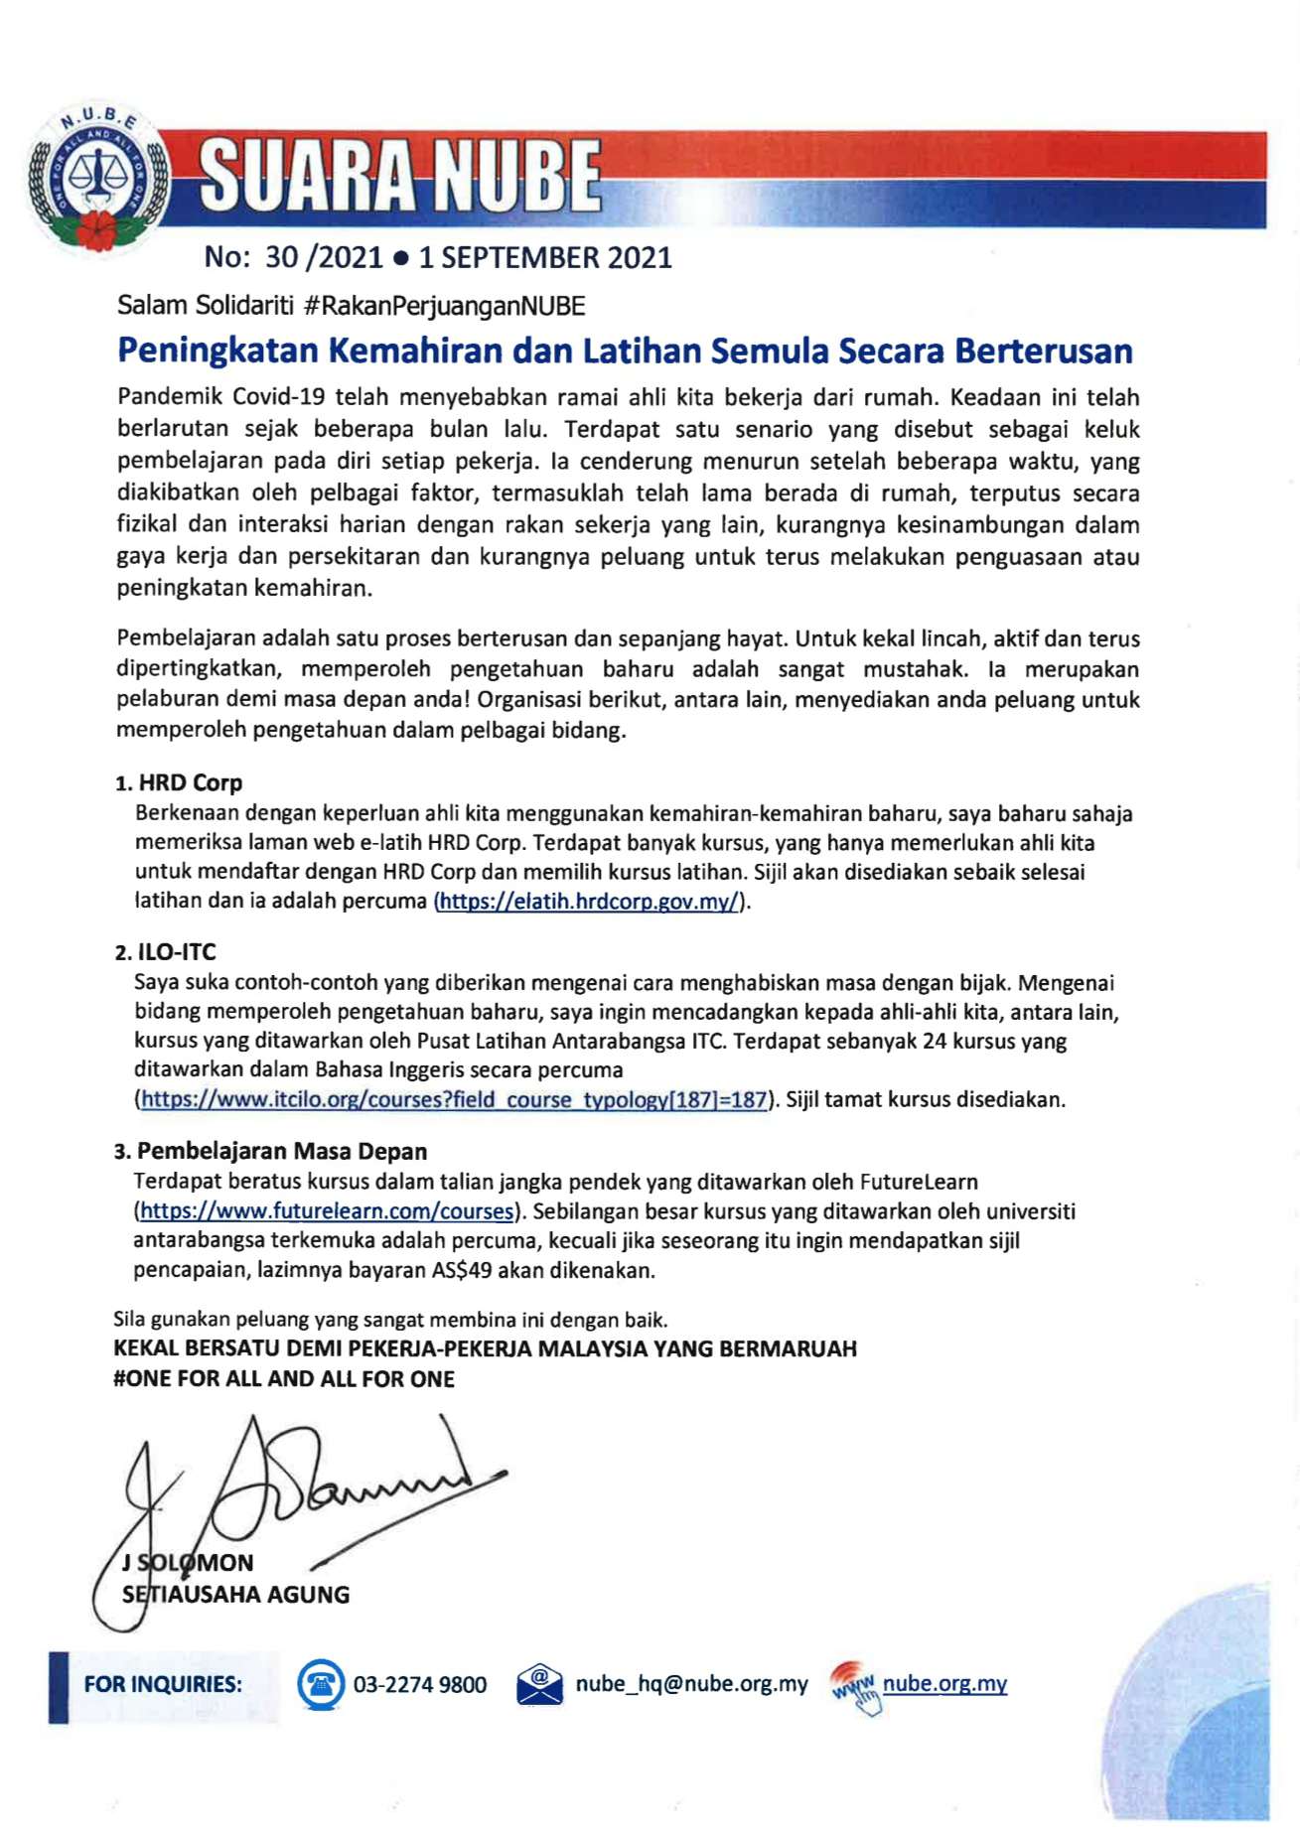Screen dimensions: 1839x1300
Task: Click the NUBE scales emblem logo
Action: [x=97, y=179]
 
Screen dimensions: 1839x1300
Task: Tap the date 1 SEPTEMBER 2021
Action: [x=545, y=258]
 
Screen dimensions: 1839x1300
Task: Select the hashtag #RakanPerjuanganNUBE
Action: [x=444, y=306]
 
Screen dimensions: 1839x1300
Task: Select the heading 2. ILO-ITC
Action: [x=166, y=952]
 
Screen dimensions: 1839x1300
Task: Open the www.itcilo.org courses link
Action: [x=454, y=1099]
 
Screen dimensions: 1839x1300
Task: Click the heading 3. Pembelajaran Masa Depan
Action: [x=271, y=1152]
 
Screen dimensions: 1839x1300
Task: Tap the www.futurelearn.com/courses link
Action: [x=327, y=1211]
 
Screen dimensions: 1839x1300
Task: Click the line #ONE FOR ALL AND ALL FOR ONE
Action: [x=284, y=1379]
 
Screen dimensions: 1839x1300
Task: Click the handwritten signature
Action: [x=298, y=1499]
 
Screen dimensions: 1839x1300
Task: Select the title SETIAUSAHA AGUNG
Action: [x=236, y=1595]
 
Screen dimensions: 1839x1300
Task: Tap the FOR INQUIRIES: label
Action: [x=163, y=1684]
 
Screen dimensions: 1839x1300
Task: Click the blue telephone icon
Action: [x=321, y=1684]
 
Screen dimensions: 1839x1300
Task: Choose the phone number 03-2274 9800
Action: [x=420, y=1685]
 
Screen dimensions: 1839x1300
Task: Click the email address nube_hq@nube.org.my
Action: [x=692, y=1684]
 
